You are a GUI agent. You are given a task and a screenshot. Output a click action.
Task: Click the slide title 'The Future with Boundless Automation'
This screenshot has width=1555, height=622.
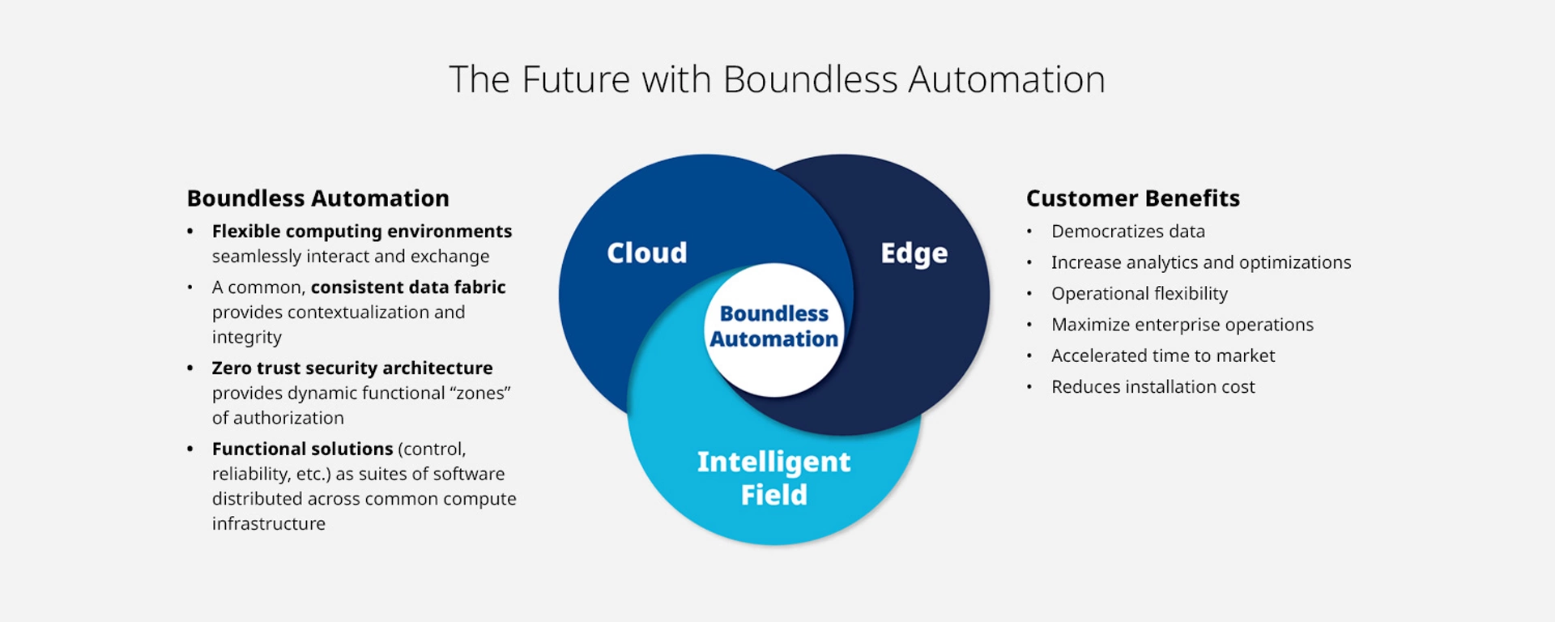pyautogui.click(x=777, y=79)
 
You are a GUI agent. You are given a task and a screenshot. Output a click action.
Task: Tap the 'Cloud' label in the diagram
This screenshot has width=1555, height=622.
pyautogui.click(x=647, y=253)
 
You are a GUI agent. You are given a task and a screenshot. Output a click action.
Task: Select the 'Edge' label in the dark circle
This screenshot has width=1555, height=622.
pyautogui.click(x=914, y=253)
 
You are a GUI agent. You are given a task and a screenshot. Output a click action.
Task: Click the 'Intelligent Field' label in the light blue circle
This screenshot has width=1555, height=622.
pyautogui.click(x=773, y=478)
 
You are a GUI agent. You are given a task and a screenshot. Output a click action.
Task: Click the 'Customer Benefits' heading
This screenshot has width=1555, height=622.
pyautogui.click(x=1132, y=198)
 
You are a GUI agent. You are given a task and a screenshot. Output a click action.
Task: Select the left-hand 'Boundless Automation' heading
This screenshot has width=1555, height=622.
pyautogui.click(x=317, y=198)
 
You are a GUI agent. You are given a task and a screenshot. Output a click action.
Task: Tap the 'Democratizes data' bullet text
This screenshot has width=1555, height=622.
pyautogui.click(x=1127, y=232)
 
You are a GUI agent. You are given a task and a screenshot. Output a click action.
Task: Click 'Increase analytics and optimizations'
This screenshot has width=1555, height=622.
pyautogui.click(x=1200, y=262)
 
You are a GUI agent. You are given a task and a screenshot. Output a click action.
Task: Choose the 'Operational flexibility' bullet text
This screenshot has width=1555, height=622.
pyautogui.click(x=1139, y=293)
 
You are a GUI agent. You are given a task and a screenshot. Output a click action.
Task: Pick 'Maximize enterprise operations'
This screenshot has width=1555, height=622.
pyautogui.click(x=1182, y=325)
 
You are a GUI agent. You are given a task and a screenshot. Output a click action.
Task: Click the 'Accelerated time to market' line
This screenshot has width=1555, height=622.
pyautogui.click(x=1162, y=356)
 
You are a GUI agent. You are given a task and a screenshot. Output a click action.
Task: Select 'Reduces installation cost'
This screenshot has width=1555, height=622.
pyautogui.click(x=1152, y=387)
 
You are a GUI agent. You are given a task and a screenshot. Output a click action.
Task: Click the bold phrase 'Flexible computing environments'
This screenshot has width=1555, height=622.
pyautogui.click(x=361, y=232)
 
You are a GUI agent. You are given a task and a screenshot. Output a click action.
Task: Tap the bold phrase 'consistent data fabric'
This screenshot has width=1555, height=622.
pyautogui.click(x=407, y=288)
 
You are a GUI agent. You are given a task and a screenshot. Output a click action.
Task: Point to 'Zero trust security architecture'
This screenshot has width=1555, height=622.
pyautogui.click(x=351, y=369)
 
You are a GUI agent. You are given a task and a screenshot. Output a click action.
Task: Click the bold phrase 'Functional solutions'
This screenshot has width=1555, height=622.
pyautogui.click(x=302, y=449)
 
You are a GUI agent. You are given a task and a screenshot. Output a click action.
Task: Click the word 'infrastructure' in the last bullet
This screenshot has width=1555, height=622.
pyautogui.click(x=268, y=524)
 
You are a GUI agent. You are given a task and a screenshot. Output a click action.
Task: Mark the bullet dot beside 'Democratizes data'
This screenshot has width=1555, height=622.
pyautogui.click(x=1029, y=232)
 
